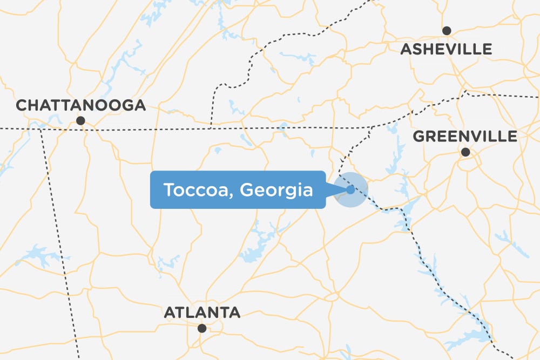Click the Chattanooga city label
81,105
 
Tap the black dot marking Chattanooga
80,121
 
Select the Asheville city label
446,50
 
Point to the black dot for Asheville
447,31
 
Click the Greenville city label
465,137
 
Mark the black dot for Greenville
465,153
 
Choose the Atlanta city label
202,312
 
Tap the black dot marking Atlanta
202,328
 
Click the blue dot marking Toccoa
350,189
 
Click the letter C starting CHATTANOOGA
22,105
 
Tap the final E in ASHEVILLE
487,50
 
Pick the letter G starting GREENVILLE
419,137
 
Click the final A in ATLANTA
234,312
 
